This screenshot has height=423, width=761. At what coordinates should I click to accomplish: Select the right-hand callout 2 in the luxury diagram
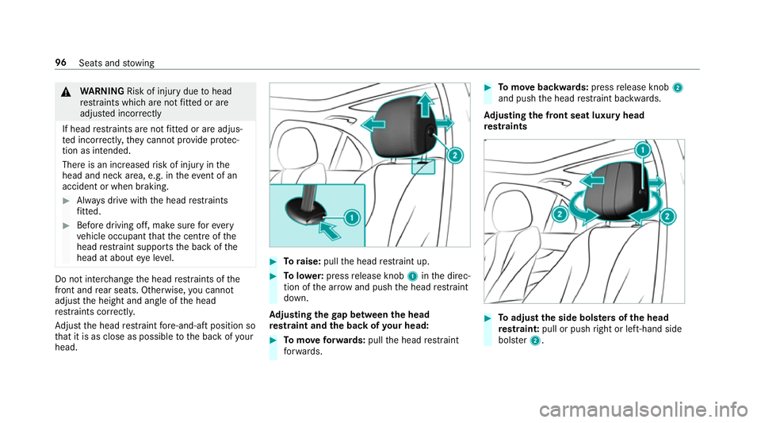click(667, 217)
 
